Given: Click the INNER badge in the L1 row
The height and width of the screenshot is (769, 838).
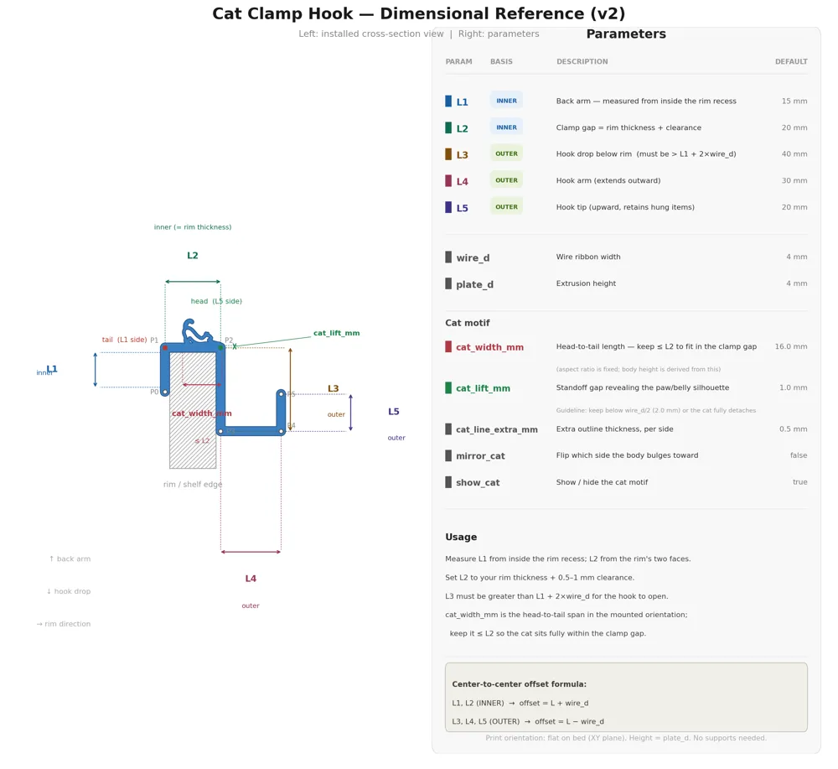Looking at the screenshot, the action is pos(506,101).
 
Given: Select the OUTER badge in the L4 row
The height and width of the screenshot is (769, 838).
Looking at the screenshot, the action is pos(506,180).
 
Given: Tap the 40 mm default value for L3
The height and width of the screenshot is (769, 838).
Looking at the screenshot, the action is pos(794,154).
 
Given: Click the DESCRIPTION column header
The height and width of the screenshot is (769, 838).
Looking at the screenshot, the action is pos(582,61).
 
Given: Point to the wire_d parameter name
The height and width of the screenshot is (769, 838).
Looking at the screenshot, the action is pos(473,257).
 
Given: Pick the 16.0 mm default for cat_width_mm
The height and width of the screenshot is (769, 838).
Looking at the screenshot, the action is pos(791,346).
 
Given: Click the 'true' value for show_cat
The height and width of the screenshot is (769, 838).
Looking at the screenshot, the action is pos(800,482).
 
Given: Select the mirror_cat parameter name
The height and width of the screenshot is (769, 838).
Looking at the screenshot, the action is pos(480,455).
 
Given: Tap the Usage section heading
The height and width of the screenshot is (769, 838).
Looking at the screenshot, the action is pos(461,537).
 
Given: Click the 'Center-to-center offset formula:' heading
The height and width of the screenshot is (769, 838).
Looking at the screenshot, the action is pos(519,684).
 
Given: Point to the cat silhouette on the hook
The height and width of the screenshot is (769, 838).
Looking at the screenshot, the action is pos(197,333).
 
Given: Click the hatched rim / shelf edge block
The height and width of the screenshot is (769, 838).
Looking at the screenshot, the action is pos(193,428).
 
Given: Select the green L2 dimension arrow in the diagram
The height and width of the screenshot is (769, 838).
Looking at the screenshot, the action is pos(193,281).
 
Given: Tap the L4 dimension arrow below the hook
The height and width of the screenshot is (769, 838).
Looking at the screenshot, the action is pos(251,552).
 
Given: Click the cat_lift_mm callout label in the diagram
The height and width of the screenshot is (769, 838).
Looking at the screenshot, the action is pos(336,333).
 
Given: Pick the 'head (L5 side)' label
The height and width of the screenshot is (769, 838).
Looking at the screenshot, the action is pos(216,301).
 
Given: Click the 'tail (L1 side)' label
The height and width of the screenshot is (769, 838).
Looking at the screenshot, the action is pos(125,340).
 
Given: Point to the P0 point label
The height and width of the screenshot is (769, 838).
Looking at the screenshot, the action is pos(154,392).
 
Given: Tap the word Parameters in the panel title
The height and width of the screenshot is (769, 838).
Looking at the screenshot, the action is pos(626,34).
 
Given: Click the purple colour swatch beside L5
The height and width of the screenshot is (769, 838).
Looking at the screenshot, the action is pos(448,207).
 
